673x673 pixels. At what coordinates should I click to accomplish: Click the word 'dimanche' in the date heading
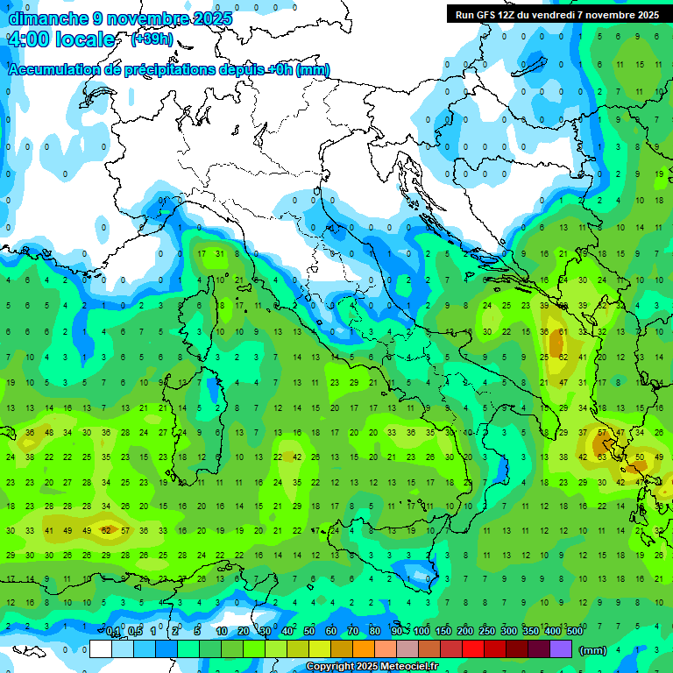[48, 18]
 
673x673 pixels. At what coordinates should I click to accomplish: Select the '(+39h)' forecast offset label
[152, 39]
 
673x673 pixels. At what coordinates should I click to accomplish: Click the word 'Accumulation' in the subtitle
[54, 70]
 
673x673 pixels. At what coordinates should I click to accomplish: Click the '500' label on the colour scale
[575, 631]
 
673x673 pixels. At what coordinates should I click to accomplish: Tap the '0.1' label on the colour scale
[113, 631]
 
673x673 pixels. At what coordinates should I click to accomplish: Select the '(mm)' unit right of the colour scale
[593, 650]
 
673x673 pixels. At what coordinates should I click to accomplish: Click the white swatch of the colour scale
[101, 648]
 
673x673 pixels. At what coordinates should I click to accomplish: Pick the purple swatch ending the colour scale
[561, 648]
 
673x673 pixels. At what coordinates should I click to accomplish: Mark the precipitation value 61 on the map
[563, 332]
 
